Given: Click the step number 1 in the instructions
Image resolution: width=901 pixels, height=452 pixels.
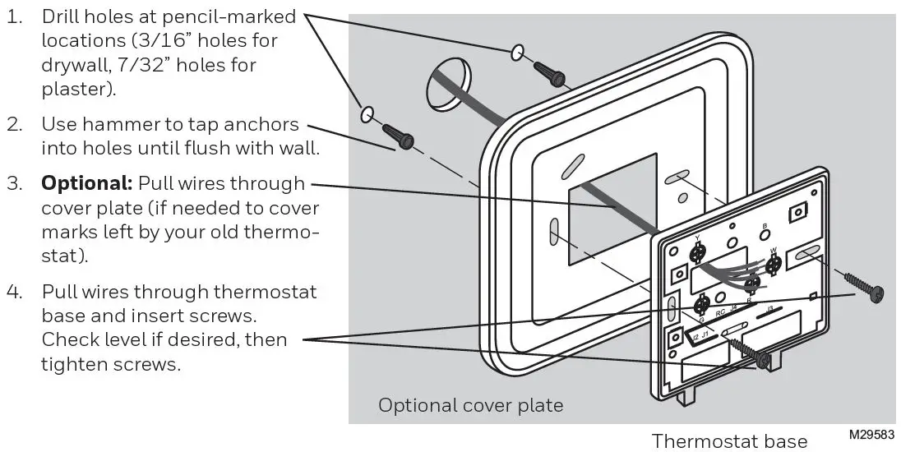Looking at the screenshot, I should coord(15,16).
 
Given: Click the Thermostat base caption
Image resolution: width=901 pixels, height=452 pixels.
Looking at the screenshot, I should coord(729,440).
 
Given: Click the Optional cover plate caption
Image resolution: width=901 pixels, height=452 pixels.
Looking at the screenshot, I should coord(471,404).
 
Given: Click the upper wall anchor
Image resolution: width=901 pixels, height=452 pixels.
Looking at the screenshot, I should coord(548,72).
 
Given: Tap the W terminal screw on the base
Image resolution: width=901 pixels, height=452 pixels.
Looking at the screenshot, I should coord(773,265).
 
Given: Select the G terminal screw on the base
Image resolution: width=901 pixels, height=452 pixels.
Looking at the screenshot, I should coord(702,306).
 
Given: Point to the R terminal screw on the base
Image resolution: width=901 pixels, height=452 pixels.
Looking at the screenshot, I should coord(751,285).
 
